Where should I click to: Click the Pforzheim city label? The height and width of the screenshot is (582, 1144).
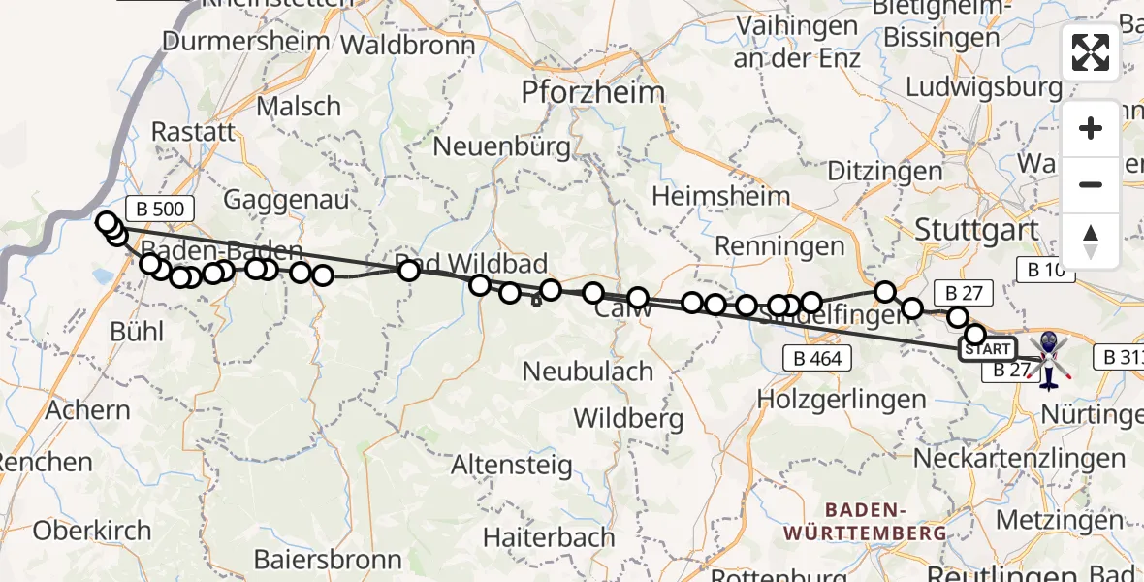click(x=593, y=93)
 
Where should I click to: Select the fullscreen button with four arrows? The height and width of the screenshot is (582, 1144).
click(x=1091, y=51)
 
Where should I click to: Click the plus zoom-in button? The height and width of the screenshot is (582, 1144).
click(x=1091, y=128)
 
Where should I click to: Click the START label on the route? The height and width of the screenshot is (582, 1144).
click(x=988, y=349)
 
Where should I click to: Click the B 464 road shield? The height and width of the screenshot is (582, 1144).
click(x=817, y=359)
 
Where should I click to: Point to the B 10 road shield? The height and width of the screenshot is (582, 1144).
click(x=1046, y=270)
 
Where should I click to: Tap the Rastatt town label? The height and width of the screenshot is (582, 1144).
click(x=194, y=132)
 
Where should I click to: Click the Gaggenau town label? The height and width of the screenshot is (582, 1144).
click(x=286, y=200)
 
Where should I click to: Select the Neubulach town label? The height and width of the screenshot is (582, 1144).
click(x=588, y=372)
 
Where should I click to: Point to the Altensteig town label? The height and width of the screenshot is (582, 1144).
click(x=512, y=466)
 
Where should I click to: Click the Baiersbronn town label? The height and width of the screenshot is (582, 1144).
click(x=328, y=560)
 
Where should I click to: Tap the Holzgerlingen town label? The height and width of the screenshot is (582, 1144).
click(x=842, y=399)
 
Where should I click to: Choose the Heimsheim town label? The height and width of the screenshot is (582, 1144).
click(x=720, y=196)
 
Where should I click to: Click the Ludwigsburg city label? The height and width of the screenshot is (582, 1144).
click(x=984, y=87)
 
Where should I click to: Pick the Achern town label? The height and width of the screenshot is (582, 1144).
click(x=87, y=410)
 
